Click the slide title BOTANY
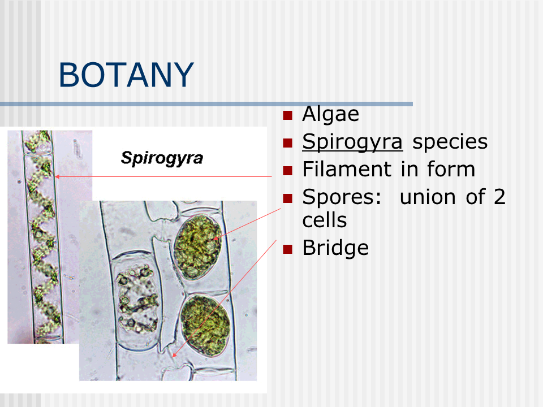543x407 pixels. (126, 75)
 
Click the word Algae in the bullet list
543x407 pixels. (331, 114)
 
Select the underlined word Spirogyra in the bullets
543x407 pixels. (352, 142)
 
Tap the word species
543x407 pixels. (450, 142)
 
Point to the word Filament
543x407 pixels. (347, 169)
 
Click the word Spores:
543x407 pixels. (342, 197)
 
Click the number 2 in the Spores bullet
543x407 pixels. (499, 197)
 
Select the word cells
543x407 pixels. (325, 220)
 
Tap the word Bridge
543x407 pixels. (335, 248)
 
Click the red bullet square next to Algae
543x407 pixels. (287, 115)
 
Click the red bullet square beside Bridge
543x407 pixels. (287, 249)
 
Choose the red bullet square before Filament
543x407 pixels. (287, 171)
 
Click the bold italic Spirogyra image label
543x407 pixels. (162, 158)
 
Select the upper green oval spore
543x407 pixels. (197, 247)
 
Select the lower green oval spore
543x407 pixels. (205, 325)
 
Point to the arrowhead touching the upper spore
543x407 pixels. (216, 239)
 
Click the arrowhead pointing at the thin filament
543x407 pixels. (58, 176)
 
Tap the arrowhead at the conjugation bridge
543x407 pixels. (174, 355)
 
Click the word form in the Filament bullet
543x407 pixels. (451, 169)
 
